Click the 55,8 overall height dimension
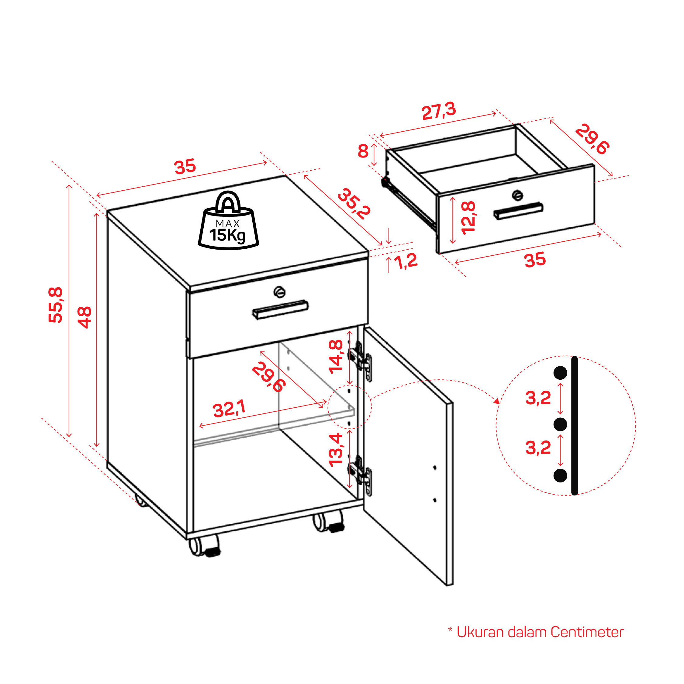(x=56, y=305)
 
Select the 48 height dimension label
(x=85, y=318)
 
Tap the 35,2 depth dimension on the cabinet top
(x=354, y=204)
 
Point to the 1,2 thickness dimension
(x=406, y=262)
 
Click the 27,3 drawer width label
(x=439, y=111)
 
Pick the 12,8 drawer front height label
(x=468, y=217)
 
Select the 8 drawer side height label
(x=363, y=151)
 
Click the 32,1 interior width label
(x=229, y=409)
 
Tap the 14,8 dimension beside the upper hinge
(x=336, y=357)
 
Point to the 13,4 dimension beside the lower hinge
(x=336, y=450)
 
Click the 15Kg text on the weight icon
(x=227, y=235)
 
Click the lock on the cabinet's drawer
(x=280, y=292)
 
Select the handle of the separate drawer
(x=518, y=211)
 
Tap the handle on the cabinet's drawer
(x=280, y=310)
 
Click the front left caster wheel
(x=205, y=546)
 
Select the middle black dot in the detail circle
(x=560, y=424)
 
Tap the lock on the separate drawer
(x=518, y=195)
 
